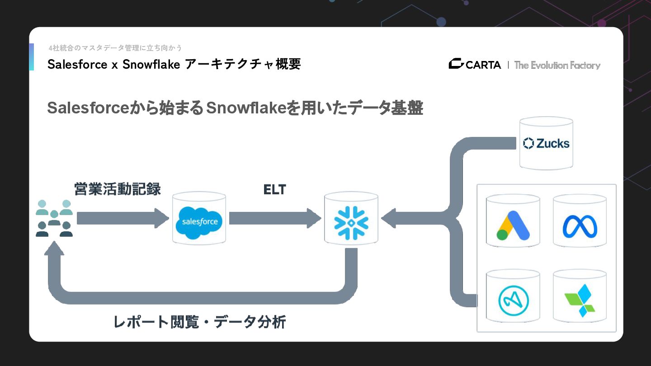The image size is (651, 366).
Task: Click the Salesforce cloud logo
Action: coord(199,221)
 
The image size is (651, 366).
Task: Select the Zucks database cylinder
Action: coord(546,143)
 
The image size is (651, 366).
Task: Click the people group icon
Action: coord(54,218)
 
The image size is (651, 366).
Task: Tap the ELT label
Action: coord(275,190)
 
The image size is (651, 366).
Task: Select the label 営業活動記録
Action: coord(118,189)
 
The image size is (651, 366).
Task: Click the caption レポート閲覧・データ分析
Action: coord(199,322)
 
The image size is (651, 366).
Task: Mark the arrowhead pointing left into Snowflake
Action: coord(390,218)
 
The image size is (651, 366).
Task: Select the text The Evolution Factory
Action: coord(557,65)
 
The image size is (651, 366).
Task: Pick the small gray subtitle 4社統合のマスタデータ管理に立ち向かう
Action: coord(115,48)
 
